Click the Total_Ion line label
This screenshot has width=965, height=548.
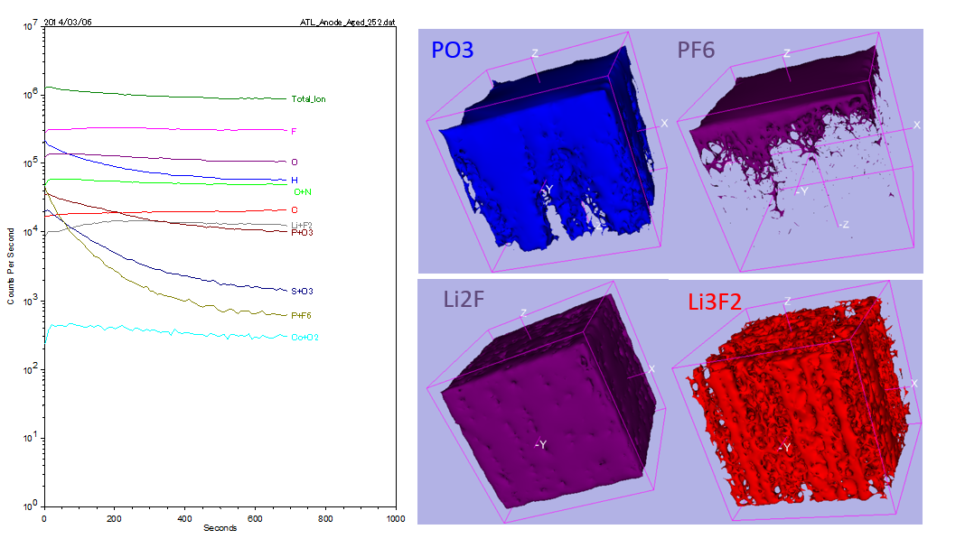pyautogui.click(x=307, y=99)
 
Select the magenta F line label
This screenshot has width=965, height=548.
pyautogui.click(x=294, y=131)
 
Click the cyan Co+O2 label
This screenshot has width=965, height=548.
pyautogui.click(x=305, y=337)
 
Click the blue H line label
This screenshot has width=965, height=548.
pyautogui.click(x=295, y=181)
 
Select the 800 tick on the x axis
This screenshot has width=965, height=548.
pyautogui.click(x=325, y=519)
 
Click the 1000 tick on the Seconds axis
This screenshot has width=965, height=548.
pyautogui.click(x=395, y=519)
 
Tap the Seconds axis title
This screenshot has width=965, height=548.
pyautogui.click(x=220, y=528)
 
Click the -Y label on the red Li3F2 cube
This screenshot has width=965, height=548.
pyautogui.click(x=783, y=447)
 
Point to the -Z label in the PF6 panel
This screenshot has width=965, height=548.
pyautogui.click(x=843, y=224)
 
